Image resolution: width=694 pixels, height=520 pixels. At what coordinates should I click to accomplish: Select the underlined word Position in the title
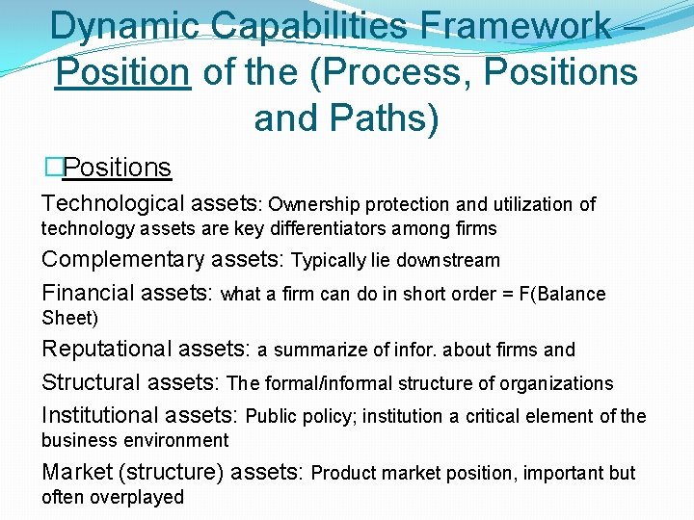click(121, 72)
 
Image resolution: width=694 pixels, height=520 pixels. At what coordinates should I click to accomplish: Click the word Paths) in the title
click(387, 117)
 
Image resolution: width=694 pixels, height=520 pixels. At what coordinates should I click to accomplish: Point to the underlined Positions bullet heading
click(117, 168)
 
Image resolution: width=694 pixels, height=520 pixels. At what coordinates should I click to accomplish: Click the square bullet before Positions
click(53, 168)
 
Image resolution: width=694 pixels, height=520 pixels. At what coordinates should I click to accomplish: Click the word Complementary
click(122, 260)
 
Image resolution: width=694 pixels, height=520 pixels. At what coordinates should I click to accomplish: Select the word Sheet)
click(69, 319)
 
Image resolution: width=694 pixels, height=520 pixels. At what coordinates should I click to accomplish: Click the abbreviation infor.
click(417, 351)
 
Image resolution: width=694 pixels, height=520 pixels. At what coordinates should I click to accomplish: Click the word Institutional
click(103, 415)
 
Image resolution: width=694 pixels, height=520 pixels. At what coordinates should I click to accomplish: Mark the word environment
click(175, 441)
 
